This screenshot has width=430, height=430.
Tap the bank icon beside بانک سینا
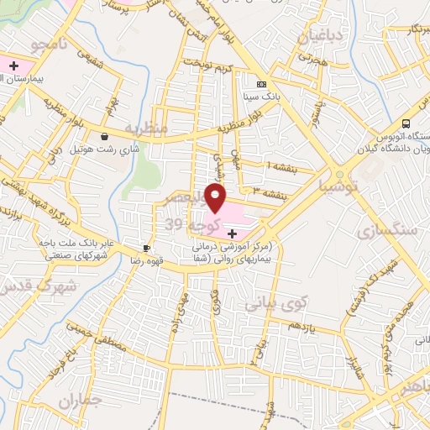(261, 85)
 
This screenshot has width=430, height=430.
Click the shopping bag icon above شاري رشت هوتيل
(103, 136)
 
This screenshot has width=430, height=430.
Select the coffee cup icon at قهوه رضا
(146, 248)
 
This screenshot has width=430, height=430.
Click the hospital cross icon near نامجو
(13, 65)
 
